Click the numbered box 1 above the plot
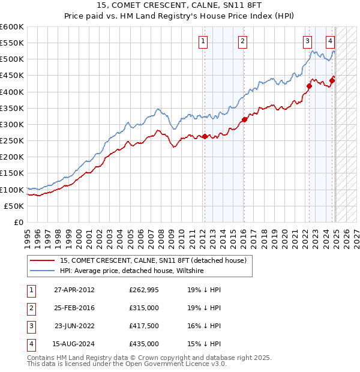(203, 41)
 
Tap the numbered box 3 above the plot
(307, 41)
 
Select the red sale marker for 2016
(244, 119)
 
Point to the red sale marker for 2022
(310, 86)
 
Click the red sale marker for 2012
(205, 136)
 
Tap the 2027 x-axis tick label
(356, 236)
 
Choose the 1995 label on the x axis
(28, 236)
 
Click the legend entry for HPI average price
(132, 271)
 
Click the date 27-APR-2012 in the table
(74, 290)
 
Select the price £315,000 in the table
(144, 308)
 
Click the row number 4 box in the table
(30, 344)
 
